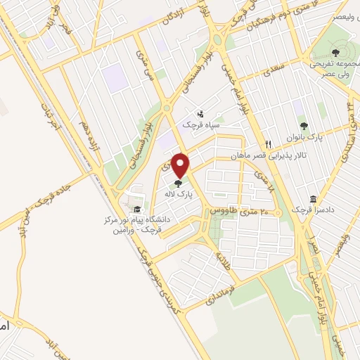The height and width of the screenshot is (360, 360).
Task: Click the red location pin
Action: click(181, 165)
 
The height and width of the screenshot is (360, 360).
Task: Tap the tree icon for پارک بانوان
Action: click(303, 126)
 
